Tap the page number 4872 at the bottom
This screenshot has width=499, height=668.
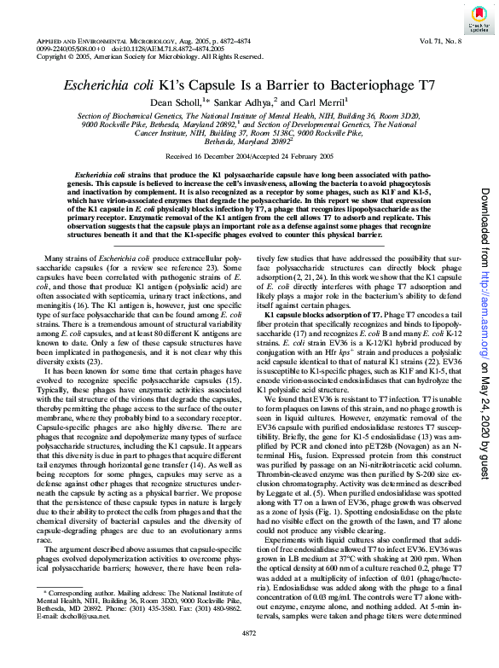pyautogui.click(x=249, y=658)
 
